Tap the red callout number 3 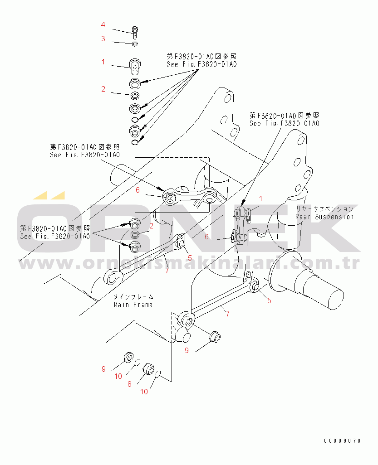pos(103,39)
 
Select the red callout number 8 pos(129,384)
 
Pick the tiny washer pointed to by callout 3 pos(136,44)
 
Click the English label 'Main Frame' pos(133,305)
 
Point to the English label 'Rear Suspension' pos(324,217)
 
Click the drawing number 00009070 pos(342,441)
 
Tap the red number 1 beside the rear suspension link pos(261,198)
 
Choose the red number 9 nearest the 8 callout pos(103,369)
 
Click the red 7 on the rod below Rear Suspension pos(227,313)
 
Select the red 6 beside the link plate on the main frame pos(138,190)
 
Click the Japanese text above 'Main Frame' pos(133,296)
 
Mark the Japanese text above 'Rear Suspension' pos(324,209)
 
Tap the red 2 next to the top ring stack pos(103,89)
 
